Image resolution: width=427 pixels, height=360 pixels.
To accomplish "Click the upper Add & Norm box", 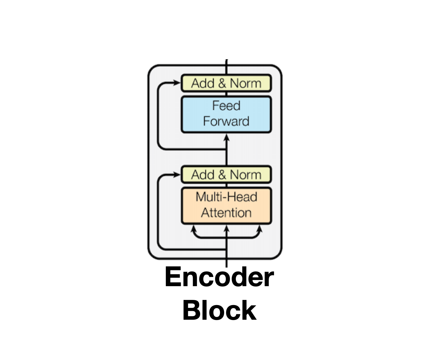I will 226,83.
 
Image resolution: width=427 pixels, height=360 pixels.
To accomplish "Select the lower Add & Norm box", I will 226,175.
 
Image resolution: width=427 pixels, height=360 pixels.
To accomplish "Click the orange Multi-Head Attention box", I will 226,205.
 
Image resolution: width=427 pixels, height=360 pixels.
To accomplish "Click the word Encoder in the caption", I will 219,277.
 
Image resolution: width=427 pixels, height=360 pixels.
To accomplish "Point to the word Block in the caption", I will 219,310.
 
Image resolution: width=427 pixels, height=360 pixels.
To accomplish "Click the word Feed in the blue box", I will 226,106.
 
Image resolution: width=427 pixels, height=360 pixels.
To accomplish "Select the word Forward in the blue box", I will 226,121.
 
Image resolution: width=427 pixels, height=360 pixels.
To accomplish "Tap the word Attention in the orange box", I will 226,213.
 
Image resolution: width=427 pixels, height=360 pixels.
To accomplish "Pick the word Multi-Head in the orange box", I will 226,197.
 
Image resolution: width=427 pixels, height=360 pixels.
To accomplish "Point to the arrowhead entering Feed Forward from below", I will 226,137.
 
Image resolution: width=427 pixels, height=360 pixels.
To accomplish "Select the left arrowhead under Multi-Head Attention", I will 193,228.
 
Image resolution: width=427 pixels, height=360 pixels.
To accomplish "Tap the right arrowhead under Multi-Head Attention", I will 260,228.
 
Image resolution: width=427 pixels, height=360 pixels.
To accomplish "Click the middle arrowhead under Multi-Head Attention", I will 226,228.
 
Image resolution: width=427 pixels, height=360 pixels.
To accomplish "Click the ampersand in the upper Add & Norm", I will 222,83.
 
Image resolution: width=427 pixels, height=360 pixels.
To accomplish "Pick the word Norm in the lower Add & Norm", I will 246,175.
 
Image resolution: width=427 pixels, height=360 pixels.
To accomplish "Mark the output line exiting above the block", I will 226,66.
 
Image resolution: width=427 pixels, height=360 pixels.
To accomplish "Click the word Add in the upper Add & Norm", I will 203,83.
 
